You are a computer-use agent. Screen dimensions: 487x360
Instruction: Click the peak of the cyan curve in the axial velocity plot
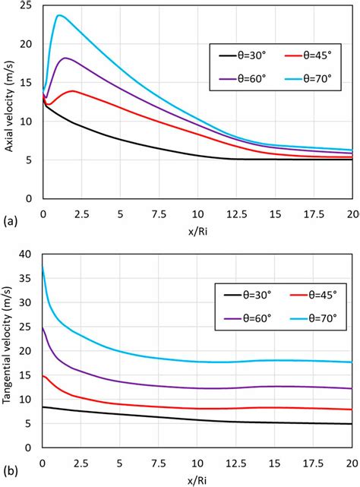click(59, 15)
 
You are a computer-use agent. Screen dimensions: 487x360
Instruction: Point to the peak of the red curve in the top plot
click(73, 90)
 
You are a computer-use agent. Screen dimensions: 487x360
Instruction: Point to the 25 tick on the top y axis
click(29, 6)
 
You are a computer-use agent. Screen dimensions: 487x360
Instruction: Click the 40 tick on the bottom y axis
click(29, 255)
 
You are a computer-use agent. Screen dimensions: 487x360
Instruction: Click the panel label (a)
click(10, 221)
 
